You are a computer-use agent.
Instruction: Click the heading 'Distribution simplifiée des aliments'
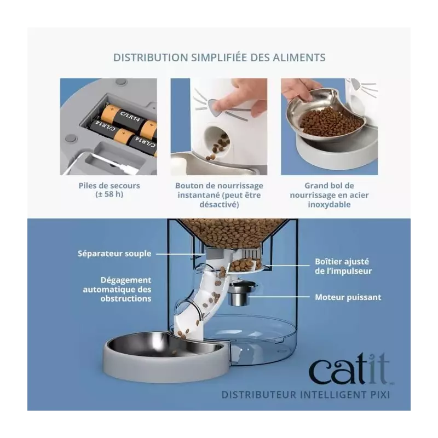tap(220, 57)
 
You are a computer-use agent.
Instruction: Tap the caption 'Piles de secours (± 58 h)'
tap(109, 190)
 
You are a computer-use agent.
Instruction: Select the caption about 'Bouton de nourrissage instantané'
tap(220, 195)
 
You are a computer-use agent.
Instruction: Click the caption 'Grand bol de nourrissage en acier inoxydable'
tap(330, 195)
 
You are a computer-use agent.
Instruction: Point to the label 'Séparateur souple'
tap(114, 253)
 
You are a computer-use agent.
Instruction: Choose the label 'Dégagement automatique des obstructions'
tap(117, 289)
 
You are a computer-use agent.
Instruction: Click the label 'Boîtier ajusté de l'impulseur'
tap(343, 266)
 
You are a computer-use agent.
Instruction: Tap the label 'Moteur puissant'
tap(348, 297)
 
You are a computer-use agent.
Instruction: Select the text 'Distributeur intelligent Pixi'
tap(306, 395)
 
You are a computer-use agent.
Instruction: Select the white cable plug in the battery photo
tap(122, 167)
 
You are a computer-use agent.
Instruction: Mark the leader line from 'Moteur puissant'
tap(279, 297)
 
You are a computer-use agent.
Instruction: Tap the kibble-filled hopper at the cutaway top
tap(233, 232)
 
